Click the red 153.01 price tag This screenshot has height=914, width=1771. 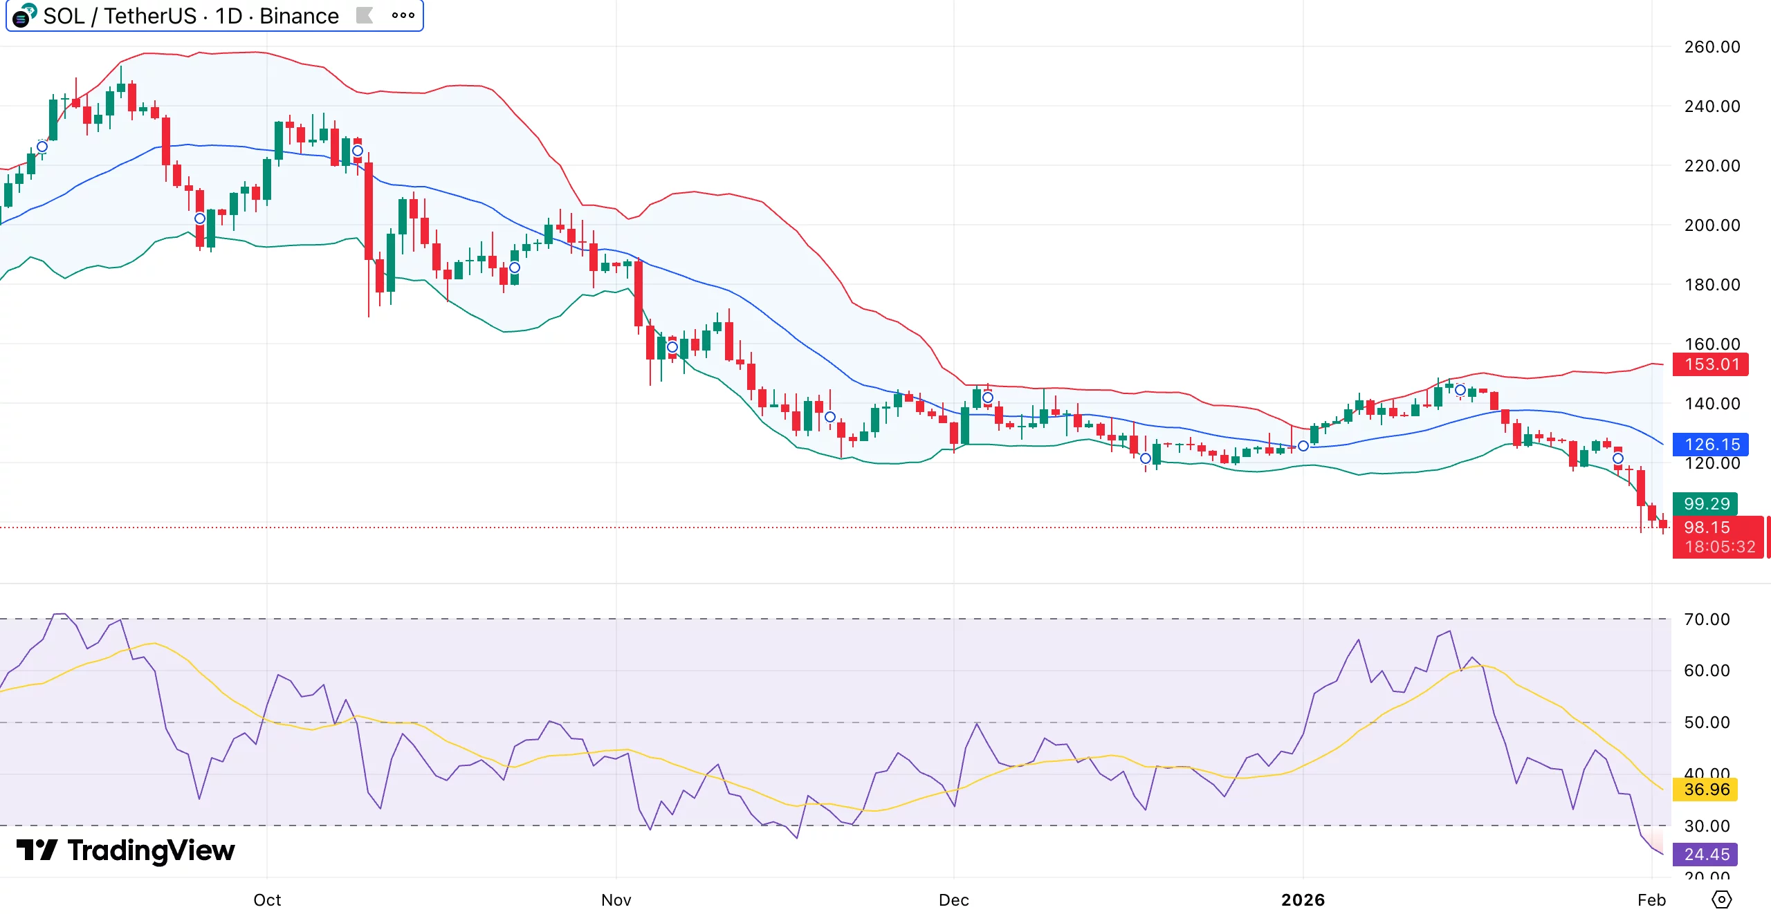(x=1710, y=364)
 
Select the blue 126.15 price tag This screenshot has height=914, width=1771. (x=1710, y=445)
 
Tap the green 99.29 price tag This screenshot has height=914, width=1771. (x=1706, y=504)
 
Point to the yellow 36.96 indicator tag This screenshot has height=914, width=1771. (x=1706, y=790)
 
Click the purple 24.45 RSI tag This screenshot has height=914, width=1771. (x=1706, y=855)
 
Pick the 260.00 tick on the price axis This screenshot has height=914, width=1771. (x=1712, y=47)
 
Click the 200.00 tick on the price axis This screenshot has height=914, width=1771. (x=1712, y=225)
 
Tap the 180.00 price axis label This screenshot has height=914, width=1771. (x=1712, y=285)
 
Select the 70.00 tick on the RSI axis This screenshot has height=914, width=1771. (x=1707, y=619)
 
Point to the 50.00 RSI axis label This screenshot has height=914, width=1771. (x=1707, y=722)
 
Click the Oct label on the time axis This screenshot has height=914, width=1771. (x=267, y=900)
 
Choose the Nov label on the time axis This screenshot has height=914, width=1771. (x=616, y=900)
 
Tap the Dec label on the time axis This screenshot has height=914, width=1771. (x=953, y=900)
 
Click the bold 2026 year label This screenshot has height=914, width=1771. (x=1303, y=900)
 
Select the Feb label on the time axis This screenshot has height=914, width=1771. (x=1651, y=900)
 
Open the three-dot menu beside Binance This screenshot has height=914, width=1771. (x=403, y=16)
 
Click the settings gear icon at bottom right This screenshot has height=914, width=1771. (x=1721, y=900)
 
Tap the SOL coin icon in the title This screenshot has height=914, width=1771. (x=24, y=15)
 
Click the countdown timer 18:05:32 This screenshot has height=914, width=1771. (x=1720, y=548)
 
